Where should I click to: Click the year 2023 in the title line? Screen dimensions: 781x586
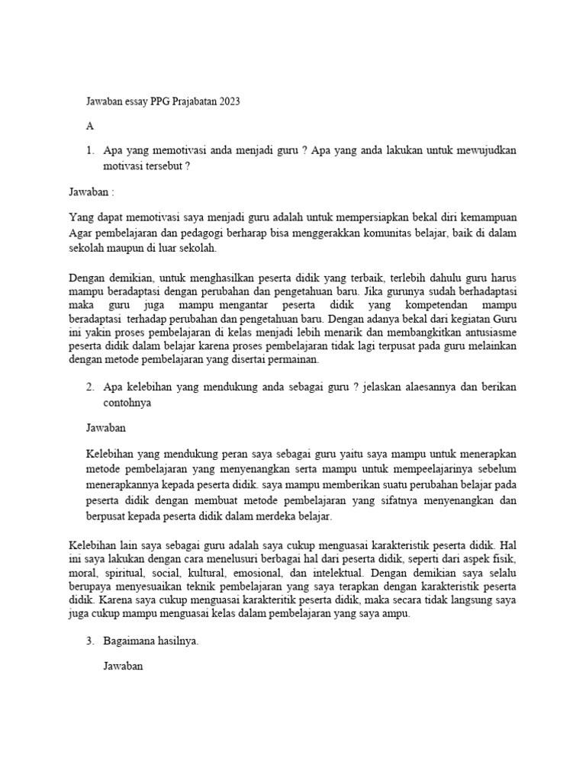click(227, 102)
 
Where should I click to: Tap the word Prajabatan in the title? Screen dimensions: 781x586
click(188, 102)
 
